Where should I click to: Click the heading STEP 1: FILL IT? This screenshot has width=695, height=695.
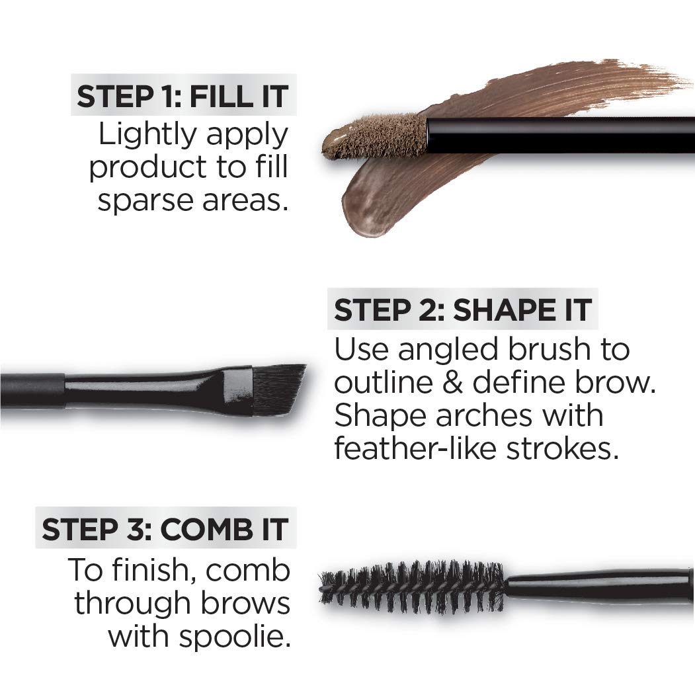coord(183,97)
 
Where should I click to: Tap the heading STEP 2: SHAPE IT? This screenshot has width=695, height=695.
coord(462,310)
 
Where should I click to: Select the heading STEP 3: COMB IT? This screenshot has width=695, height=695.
coord(165,530)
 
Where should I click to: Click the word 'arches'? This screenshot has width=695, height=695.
coord(473,415)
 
